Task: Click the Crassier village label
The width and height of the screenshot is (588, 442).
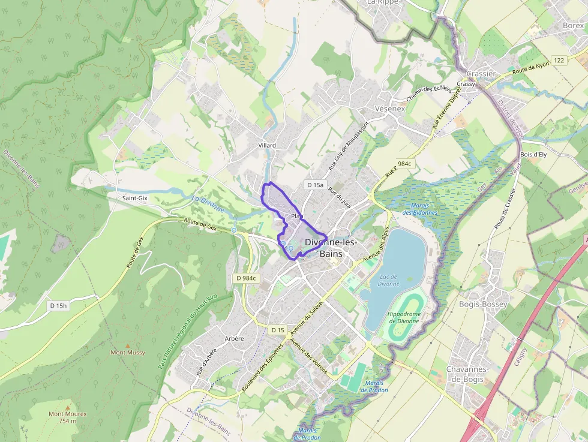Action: (481, 74)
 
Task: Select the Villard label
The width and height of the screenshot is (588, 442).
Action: (266, 145)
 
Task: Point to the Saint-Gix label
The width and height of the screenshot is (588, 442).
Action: (134, 197)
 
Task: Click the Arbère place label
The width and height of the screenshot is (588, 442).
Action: (234, 338)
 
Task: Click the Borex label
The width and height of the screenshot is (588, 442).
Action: (573, 26)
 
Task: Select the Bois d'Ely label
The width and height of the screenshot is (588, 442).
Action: (533, 154)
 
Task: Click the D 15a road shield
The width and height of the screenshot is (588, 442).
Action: (314, 185)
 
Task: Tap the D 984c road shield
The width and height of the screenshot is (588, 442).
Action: (246, 278)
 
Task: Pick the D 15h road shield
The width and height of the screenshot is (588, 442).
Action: (59, 306)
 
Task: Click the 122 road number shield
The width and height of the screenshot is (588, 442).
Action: (559, 61)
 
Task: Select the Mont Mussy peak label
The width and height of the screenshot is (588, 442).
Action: (127, 352)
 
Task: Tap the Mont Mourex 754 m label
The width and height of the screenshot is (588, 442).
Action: (67, 417)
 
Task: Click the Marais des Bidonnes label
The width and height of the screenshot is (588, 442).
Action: (419, 209)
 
